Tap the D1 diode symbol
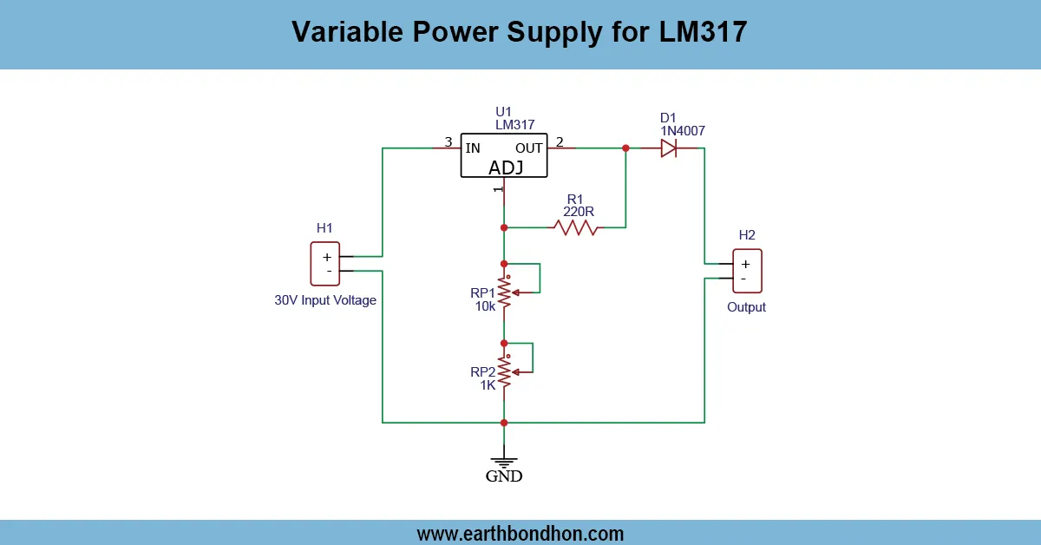[x=668, y=148]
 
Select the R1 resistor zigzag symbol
[x=576, y=227]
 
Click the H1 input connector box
[x=325, y=264]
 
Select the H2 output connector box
[x=746, y=271]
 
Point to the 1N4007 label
[x=683, y=131]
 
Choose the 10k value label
[x=485, y=306]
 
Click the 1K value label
[x=488, y=384]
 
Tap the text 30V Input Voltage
[x=325, y=300]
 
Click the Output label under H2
[x=746, y=307]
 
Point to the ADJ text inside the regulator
[x=506, y=167]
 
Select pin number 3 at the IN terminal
[x=448, y=142]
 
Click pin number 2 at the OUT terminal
[x=560, y=142]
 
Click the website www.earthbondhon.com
[x=520, y=533]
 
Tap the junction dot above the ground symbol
[x=504, y=423]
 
